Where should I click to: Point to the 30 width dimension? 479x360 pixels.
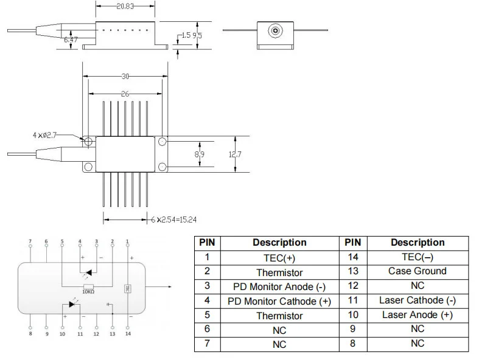point(125,77)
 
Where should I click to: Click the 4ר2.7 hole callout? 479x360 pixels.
point(44,135)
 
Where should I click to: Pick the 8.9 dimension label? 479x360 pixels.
point(199,154)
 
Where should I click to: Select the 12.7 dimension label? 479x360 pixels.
point(236,154)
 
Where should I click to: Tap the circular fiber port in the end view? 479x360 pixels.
point(275,30)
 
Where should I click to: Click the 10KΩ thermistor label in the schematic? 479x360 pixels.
point(89,291)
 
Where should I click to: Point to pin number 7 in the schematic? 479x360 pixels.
point(30,242)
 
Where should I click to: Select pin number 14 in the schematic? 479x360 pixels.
point(127,334)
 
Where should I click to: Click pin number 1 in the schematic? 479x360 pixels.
point(127,242)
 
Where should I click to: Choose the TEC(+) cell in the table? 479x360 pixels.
point(279,257)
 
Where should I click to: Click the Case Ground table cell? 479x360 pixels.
point(417,271)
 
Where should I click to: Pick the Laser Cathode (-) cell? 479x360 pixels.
point(417,300)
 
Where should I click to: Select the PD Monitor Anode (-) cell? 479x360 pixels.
point(279,286)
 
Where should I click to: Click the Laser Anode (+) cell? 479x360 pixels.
point(417,315)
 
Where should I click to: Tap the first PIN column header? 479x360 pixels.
point(207,242)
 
